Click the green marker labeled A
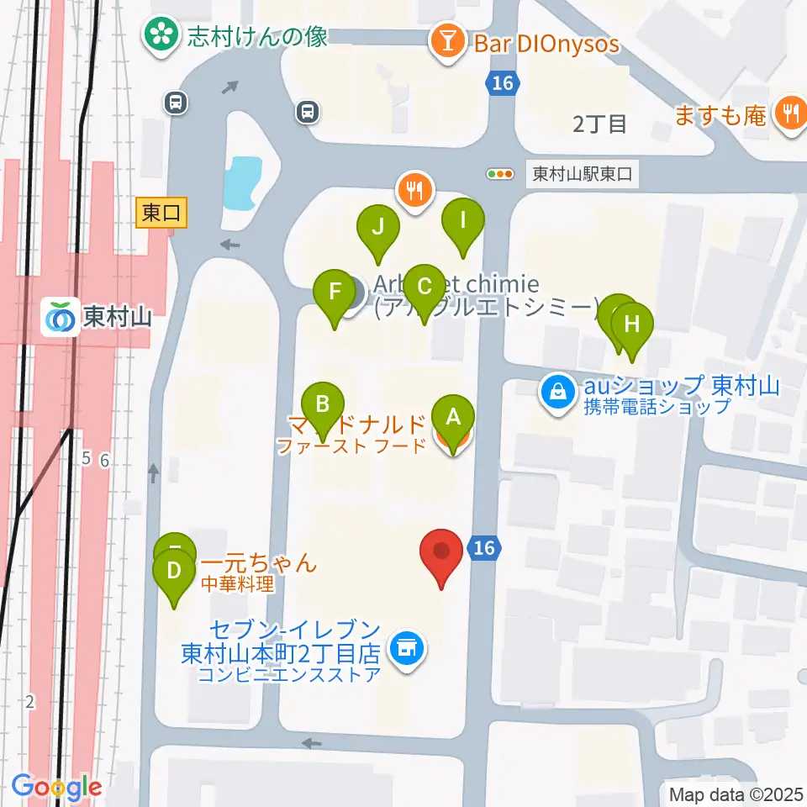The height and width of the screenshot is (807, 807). pyautogui.click(x=453, y=416)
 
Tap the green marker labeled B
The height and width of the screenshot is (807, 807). pyautogui.click(x=323, y=403)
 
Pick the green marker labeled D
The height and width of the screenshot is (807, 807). pyautogui.click(x=174, y=571)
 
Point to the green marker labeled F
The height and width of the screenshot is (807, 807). pyautogui.click(x=335, y=292)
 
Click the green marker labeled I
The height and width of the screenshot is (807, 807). pyautogui.click(x=463, y=220)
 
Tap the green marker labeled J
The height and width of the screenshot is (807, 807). pyautogui.click(x=378, y=226)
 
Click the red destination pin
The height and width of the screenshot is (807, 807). pyautogui.click(x=441, y=552)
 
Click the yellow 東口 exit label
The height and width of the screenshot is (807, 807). pyautogui.click(x=161, y=214)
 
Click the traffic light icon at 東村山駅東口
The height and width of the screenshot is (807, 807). pyautogui.click(x=500, y=174)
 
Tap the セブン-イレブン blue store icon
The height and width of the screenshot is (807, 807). pyautogui.click(x=407, y=648)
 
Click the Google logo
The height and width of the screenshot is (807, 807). pyautogui.click(x=56, y=787)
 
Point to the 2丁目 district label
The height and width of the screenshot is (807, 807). pyautogui.click(x=599, y=124)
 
